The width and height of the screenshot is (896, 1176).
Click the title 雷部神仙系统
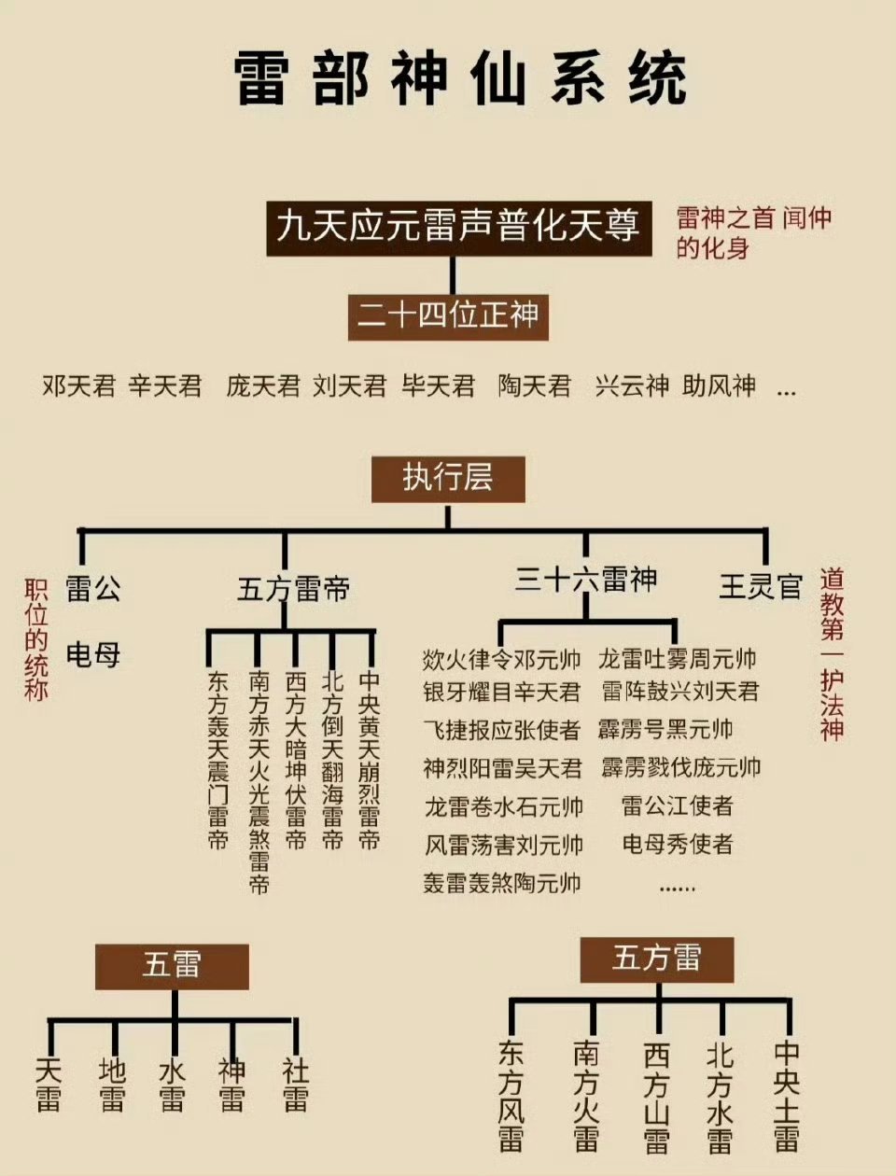(459, 79)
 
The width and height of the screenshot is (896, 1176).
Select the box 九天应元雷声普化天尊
(458, 228)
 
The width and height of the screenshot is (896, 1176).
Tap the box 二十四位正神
(448, 316)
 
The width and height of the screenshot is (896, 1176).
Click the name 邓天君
(79, 385)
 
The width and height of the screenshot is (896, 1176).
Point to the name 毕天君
(438, 385)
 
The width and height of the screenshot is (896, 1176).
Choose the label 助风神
(719, 385)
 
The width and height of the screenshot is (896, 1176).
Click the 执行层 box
(448, 480)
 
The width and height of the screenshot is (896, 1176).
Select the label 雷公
(93, 589)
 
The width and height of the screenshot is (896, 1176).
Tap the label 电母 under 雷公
(93, 654)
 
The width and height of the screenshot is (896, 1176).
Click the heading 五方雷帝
(293, 589)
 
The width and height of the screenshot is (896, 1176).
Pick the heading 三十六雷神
(585, 581)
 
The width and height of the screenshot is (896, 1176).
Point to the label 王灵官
(761, 586)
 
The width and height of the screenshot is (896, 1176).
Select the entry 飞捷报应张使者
(501, 730)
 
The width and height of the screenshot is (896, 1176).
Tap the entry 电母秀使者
(678, 845)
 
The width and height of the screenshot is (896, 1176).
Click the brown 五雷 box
(172, 966)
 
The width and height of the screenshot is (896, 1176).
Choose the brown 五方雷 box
(657, 959)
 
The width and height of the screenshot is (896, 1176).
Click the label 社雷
(295, 1085)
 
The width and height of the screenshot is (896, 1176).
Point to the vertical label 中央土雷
(786, 1098)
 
